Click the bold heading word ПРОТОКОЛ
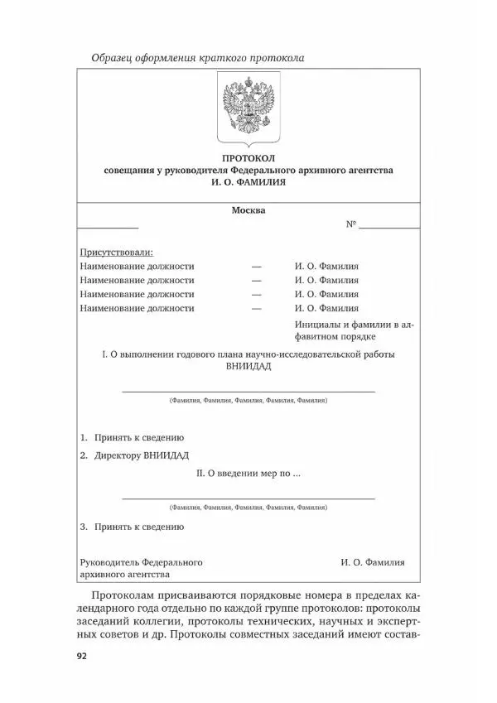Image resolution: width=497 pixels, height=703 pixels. click(x=248, y=157)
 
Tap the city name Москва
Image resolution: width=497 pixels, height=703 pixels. click(x=248, y=210)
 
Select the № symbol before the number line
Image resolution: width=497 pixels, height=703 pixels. click(x=350, y=225)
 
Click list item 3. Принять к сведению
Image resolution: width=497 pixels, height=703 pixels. click(x=132, y=526)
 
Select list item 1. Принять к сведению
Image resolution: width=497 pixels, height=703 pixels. click(x=132, y=437)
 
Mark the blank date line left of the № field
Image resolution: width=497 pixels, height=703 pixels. click(x=108, y=227)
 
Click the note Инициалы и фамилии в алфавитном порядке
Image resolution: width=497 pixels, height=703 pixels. click(x=354, y=330)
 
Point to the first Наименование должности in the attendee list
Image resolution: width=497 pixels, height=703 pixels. click(x=137, y=266)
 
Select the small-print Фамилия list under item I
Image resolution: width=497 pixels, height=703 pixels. click(x=248, y=400)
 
